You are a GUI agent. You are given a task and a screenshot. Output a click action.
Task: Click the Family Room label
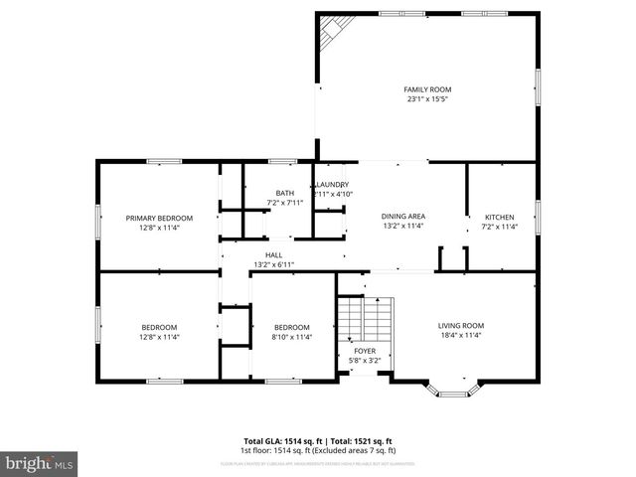point(427,89)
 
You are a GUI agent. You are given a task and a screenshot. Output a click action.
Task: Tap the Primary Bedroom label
point(159,218)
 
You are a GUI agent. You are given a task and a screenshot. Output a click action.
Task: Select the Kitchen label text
point(499,217)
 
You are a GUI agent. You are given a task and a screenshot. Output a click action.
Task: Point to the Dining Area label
point(403,216)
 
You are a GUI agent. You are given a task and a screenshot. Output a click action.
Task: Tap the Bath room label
point(285,193)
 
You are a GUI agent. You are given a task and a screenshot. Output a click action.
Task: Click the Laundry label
point(332,185)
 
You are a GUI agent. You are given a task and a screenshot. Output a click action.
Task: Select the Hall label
point(273,255)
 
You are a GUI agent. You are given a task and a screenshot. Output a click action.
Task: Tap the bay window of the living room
point(453,388)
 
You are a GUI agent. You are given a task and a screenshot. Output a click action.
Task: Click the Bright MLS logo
point(40,463)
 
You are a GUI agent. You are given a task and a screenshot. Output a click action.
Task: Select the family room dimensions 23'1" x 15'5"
point(427,98)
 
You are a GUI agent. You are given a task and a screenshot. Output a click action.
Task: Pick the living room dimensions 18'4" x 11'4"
point(461,336)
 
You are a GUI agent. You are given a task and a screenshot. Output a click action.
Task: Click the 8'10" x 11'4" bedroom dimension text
point(292,337)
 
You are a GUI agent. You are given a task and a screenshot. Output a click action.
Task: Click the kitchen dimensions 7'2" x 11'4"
point(499,226)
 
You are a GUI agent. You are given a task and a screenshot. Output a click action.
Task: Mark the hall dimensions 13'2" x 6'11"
point(273,264)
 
